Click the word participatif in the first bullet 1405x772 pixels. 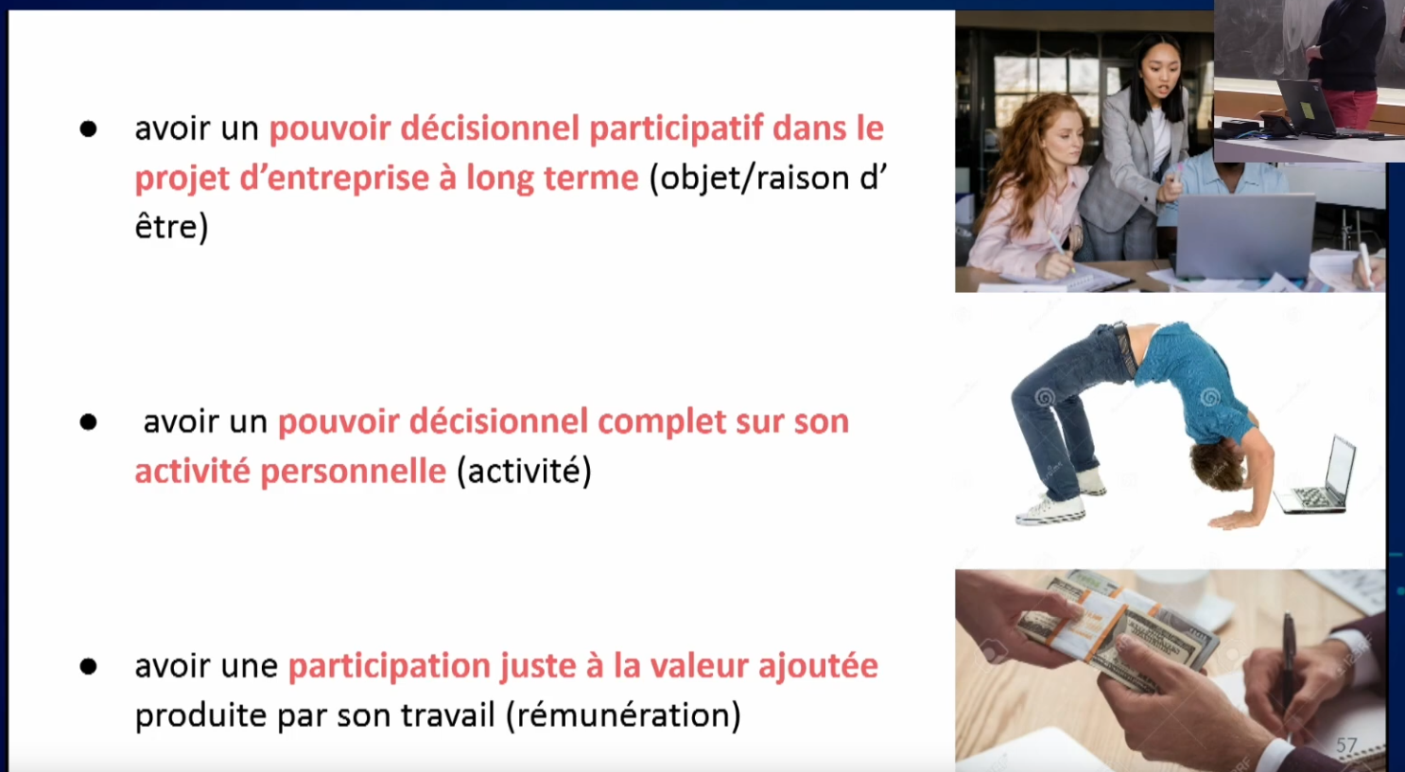click(676, 129)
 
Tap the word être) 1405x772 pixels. click(171, 227)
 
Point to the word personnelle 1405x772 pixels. click(353, 472)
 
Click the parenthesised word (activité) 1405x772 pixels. click(525, 472)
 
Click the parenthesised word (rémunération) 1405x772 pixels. click(623, 715)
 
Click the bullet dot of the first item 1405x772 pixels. click(89, 129)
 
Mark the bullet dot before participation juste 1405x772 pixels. click(89, 666)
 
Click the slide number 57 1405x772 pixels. click(1346, 745)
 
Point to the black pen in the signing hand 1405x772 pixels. click(1287, 665)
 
